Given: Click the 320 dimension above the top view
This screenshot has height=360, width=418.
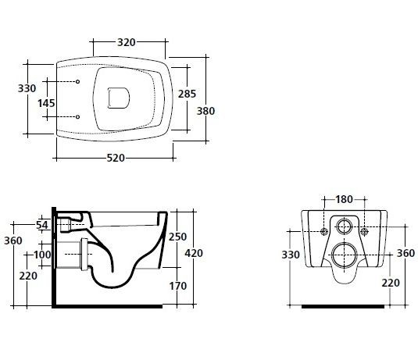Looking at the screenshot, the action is coord(127,42).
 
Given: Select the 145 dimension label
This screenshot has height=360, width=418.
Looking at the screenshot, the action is coord(46,103).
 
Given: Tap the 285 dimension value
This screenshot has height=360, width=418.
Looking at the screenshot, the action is coord(187,94).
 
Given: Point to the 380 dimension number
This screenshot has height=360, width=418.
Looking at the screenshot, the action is coord(205,111).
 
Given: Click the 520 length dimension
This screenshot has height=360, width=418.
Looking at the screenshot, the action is coord(116,158).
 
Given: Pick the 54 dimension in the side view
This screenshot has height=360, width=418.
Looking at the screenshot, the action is coord(42,225).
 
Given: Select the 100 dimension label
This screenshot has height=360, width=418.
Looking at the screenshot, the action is coord(42,255).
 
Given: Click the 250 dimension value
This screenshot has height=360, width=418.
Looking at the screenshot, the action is coord(177,237).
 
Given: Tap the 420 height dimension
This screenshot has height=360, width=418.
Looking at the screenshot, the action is coord(194,253).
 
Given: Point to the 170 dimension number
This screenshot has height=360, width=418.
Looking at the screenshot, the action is coord(178,286).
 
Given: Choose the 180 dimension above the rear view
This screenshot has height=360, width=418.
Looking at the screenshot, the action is coord(344,199).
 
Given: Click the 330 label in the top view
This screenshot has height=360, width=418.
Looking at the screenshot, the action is coord(27,88).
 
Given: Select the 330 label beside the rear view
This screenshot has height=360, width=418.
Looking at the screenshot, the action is coord(291,255).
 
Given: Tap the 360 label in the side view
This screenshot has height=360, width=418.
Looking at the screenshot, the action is coord(13,241).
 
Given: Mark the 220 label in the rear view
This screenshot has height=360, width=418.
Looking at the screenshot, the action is coord(391,283).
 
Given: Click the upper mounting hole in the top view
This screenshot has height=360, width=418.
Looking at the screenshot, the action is coord(77,81).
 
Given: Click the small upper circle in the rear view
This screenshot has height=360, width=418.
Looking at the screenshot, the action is coord(345,219).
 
